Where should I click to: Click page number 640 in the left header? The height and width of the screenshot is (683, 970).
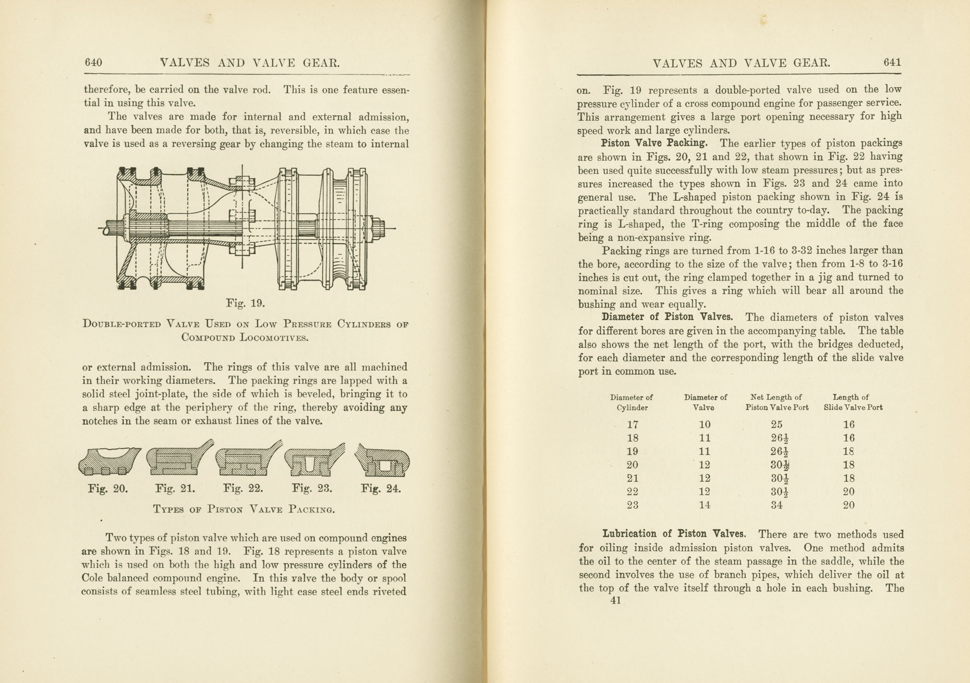[93, 63]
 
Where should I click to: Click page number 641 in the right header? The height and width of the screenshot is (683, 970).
[892, 62]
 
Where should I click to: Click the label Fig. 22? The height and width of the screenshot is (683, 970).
[242, 489]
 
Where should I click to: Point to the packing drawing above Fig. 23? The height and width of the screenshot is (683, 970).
[314, 461]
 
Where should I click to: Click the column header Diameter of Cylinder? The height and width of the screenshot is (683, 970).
[632, 403]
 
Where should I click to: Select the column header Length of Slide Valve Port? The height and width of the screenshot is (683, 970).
[853, 403]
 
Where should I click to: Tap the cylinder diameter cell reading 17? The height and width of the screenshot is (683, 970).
[632, 425]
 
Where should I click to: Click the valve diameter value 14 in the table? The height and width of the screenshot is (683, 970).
[704, 505]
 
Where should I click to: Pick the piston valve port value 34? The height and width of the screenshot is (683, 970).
[777, 505]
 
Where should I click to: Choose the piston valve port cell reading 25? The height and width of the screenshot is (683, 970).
[777, 425]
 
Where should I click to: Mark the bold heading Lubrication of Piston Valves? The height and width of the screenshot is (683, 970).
[674, 534]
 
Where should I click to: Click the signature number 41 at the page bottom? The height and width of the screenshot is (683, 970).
[615, 601]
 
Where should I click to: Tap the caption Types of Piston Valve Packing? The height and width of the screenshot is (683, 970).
[244, 509]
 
